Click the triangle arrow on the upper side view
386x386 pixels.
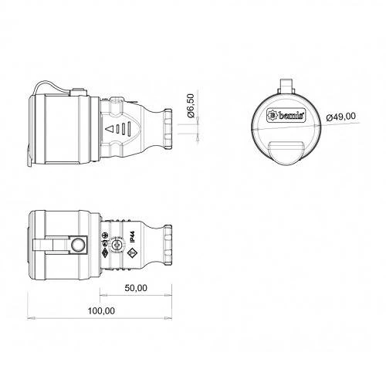(110, 128)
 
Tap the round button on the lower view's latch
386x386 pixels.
(77, 246)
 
